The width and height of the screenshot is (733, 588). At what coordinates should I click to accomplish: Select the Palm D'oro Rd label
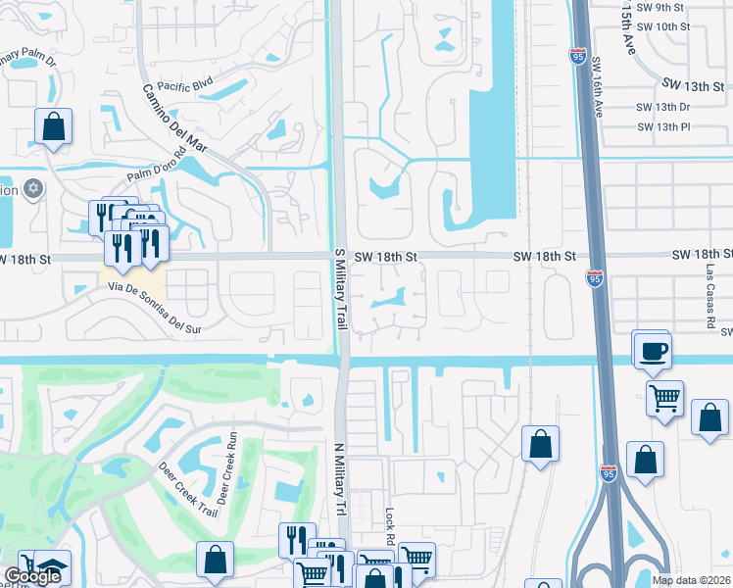156,168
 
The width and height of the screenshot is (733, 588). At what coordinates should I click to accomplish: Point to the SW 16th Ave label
598,87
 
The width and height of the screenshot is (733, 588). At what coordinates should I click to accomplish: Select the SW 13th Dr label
663,107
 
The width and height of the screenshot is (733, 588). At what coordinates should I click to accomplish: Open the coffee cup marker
653,350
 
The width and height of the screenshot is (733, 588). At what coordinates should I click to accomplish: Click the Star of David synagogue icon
34,187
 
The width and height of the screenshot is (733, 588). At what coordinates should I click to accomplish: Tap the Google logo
32,576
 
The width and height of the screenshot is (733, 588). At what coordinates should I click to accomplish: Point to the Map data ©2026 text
690,580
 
